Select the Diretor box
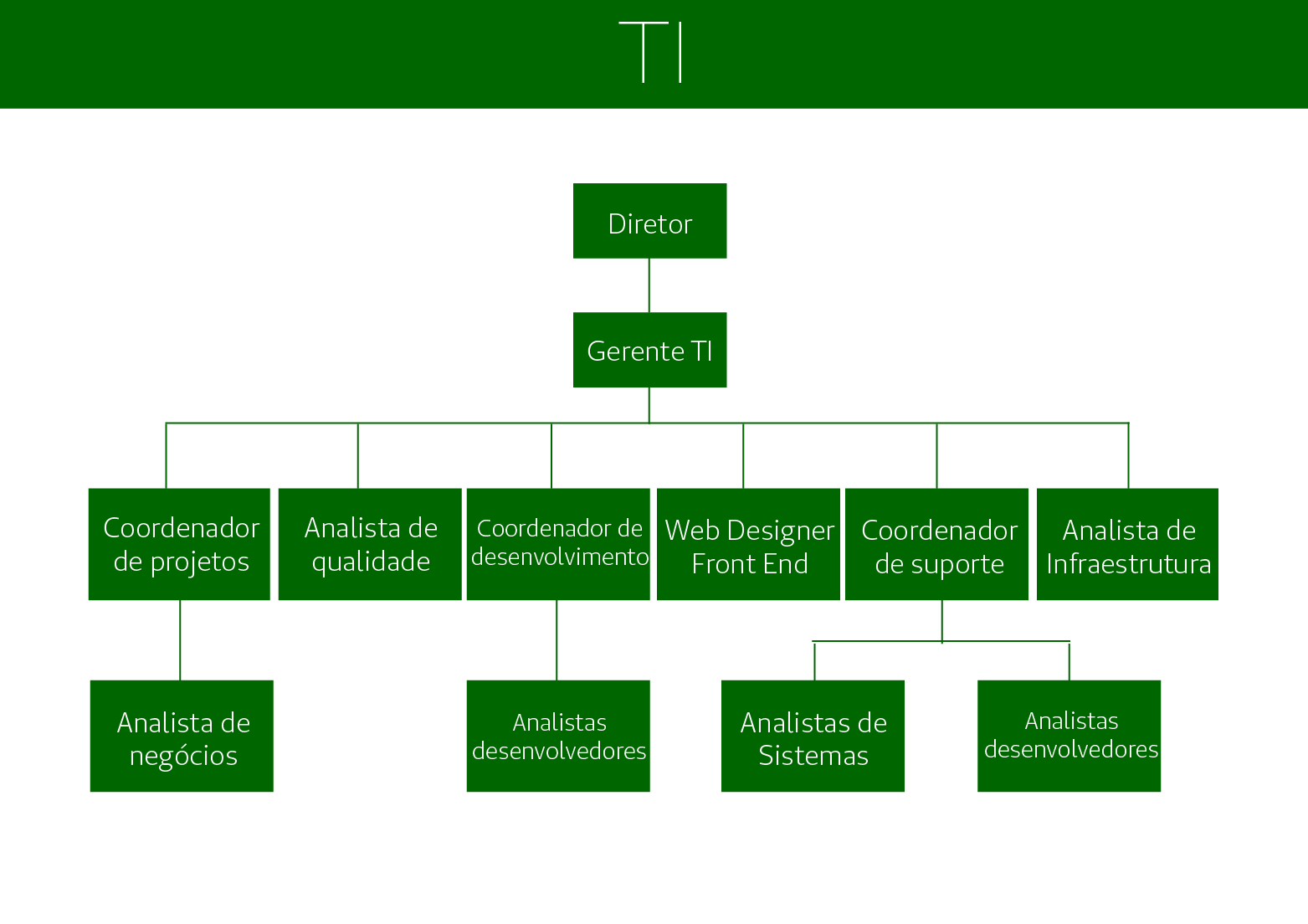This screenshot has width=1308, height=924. (x=649, y=221)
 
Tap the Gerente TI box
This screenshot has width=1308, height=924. (x=649, y=350)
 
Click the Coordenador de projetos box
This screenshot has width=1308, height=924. (x=179, y=544)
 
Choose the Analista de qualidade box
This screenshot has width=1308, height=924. (x=370, y=544)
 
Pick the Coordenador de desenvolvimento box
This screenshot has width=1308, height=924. (x=558, y=544)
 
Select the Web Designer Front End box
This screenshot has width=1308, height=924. (x=748, y=544)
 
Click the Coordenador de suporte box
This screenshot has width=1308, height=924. (x=936, y=544)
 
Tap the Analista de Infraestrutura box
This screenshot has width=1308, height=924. (x=1127, y=544)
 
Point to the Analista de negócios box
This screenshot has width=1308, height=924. (x=182, y=736)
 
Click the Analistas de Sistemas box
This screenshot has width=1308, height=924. (x=813, y=736)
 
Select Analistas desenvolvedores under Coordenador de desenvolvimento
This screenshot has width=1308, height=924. (x=558, y=736)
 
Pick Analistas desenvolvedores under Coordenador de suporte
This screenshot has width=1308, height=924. (x=1069, y=736)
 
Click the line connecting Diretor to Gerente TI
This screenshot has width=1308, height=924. (x=649, y=285)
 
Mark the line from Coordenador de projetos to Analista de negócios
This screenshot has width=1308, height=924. (x=180, y=640)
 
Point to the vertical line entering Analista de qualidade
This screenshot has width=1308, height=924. (x=357, y=456)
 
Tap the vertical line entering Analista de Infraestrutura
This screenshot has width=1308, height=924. (x=1128, y=456)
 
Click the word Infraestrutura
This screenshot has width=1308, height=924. (x=1128, y=564)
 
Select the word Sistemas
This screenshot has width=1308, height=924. (x=813, y=756)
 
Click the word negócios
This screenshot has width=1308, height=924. (x=183, y=756)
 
